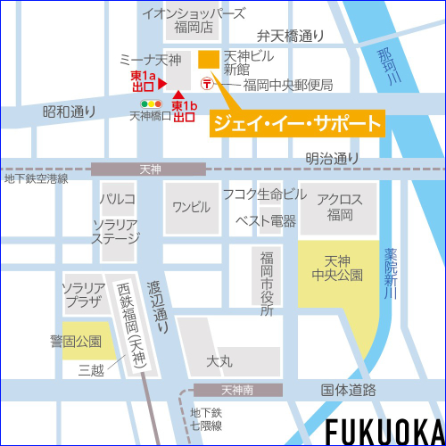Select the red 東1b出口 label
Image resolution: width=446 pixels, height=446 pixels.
[x=184, y=111]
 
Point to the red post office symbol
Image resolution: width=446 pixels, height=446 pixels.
[x=207, y=85]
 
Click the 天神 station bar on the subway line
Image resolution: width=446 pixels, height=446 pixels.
[x=149, y=168]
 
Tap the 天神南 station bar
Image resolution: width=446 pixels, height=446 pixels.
[x=236, y=390]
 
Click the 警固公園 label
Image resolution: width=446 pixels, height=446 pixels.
[x=75, y=340]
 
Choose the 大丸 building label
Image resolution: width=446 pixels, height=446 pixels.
[x=219, y=361]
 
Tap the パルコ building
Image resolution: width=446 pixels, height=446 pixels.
[x=118, y=198]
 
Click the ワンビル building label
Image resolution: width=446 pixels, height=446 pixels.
[x=191, y=207]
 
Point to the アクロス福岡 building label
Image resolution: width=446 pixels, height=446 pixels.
[x=340, y=208]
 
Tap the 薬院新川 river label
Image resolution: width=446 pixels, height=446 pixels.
[x=389, y=273]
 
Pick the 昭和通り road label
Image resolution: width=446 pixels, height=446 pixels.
[x=69, y=111]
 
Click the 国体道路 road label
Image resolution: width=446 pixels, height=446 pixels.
[x=348, y=390]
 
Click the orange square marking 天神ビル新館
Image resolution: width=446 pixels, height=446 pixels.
[x=208, y=60]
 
